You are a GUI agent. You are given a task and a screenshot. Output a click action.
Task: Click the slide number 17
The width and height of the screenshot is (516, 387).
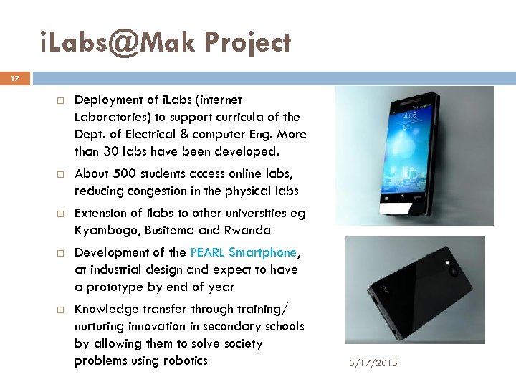click(x=16, y=79)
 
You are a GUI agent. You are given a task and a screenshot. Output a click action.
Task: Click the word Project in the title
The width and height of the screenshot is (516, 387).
click(x=247, y=43)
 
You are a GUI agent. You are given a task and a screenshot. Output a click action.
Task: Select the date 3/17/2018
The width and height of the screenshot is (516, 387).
click(x=373, y=363)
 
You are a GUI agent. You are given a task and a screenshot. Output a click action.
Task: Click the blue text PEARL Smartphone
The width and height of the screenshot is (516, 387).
click(x=244, y=252)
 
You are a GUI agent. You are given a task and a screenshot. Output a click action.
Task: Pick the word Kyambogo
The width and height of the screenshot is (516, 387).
click(x=100, y=230)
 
